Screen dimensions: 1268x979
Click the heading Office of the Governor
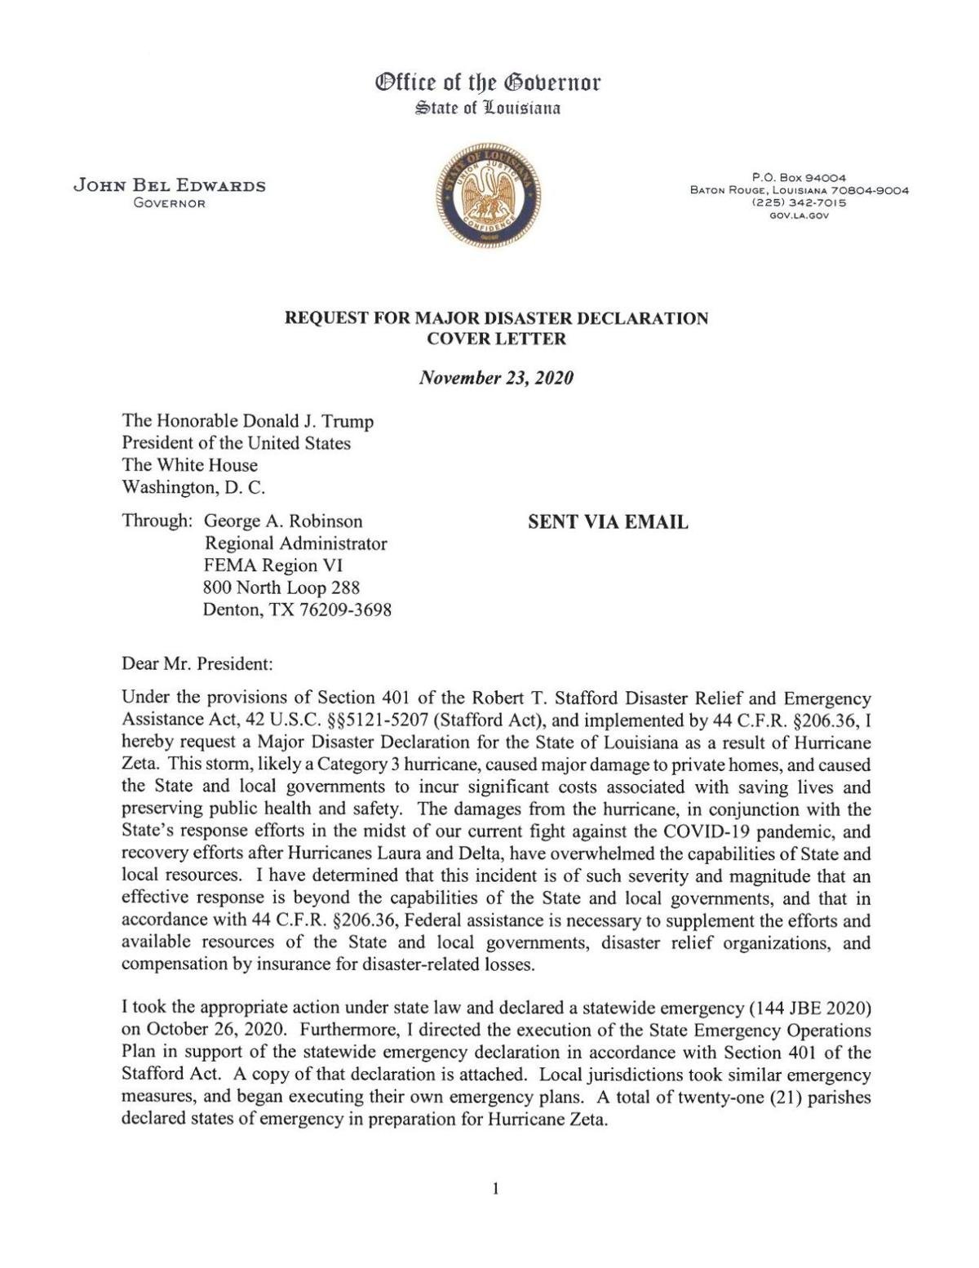pos(488,82)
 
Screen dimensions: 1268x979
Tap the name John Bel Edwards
pos(170,185)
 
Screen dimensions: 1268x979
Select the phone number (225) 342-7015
pos(799,203)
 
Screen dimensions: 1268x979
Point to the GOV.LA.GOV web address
pos(799,215)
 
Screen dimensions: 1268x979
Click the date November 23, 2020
pos(495,378)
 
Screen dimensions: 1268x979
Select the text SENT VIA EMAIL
pos(608,522)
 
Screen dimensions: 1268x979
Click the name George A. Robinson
pos(282,521)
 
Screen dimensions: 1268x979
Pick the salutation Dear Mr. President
pos(197,663)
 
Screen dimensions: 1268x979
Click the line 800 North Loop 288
pos(281,587)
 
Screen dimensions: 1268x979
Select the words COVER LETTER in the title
pos(496,339)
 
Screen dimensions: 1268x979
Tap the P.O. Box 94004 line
pos(799,178)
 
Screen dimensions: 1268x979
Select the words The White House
pos(189,465)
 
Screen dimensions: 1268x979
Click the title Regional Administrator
pos(295,543)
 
